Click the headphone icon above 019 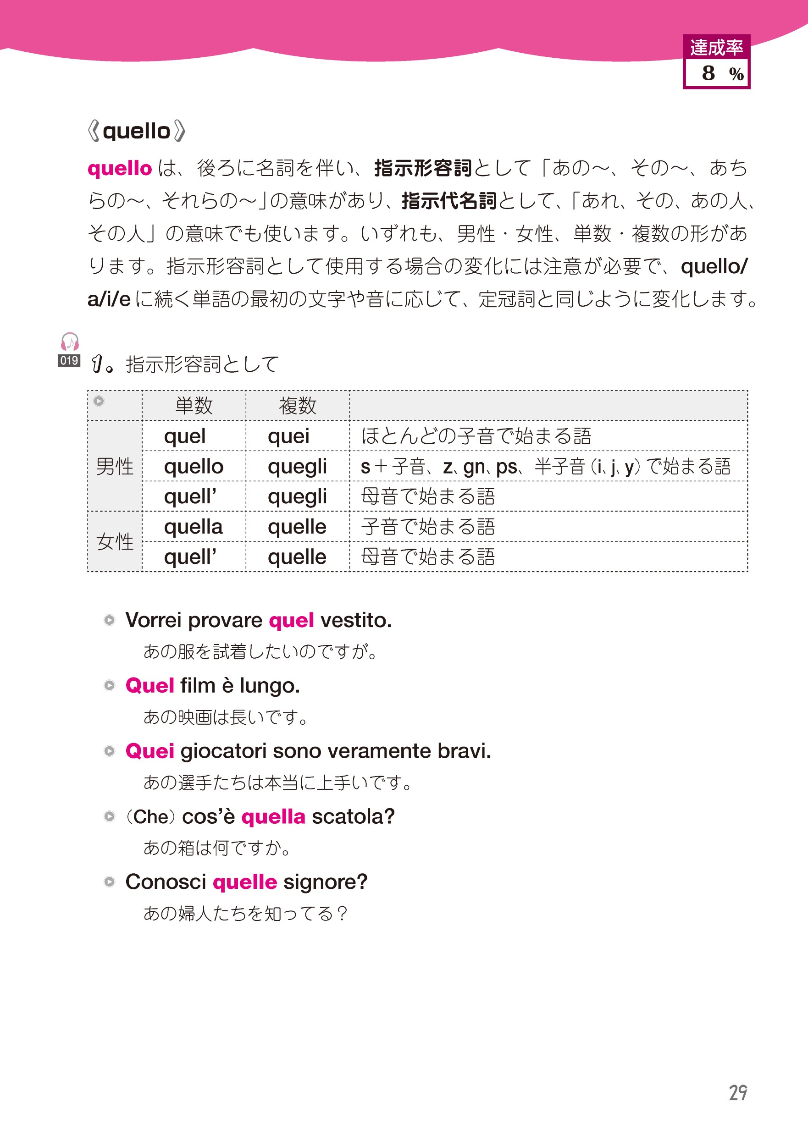[x=69, y=342]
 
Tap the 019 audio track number [x=69, y=360]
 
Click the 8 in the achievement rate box [x=708, y=73]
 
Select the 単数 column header [x=194, y=406]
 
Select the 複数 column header [x=298, y=406]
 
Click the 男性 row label [x=115, y=467]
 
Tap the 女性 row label [x=115, y=541]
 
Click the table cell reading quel [x=185, y=436]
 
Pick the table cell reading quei [x=288, y=436]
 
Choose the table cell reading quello [x=194, y=467]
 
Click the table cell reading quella [x=193, y=527]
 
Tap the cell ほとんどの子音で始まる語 [x=476, y=436]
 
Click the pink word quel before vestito [x=291, y=620]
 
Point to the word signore [x=325, y=882]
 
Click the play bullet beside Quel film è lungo [x=109, y=685]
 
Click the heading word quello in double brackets [x=136, y=131]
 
